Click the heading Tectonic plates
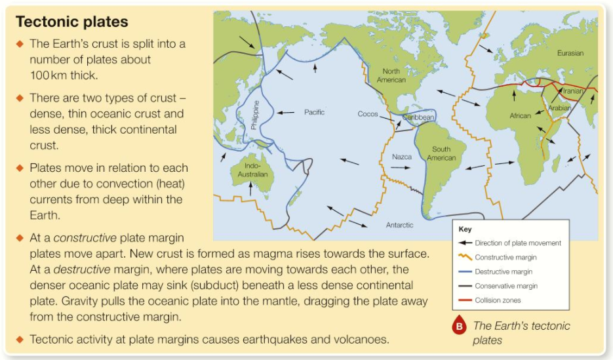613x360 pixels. (72, 22)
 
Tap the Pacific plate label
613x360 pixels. (314, 112)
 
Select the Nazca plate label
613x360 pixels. (401, 157)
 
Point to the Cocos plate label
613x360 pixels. (367, 114)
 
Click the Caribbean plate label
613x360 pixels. (418, 117)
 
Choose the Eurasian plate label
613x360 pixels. (570, 53)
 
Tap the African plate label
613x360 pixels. (520, 116)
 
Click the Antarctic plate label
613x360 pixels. (399, 225)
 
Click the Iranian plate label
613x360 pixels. (572, 91)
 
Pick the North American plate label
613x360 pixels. (391, 75)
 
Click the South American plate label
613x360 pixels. (441, 153)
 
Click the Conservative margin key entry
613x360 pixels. (506, 286)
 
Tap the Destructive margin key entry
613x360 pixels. (504, 271)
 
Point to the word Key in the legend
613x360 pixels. (465, 230)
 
